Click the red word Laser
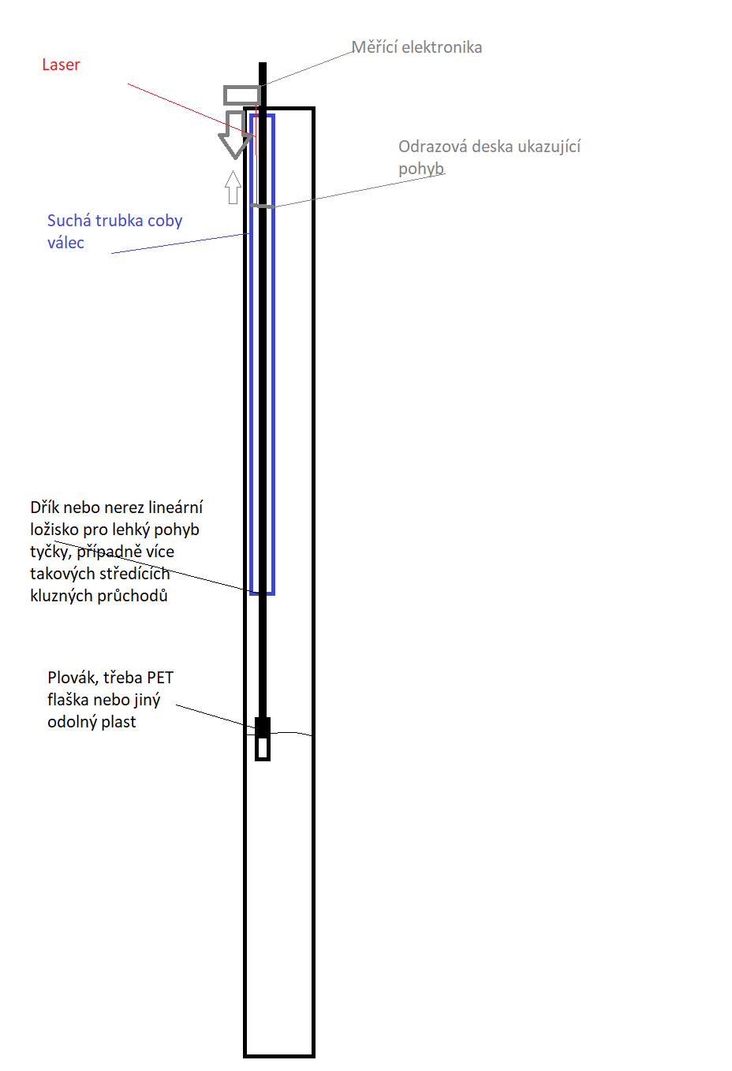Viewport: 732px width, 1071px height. [61, 65]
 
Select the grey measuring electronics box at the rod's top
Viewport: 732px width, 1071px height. [241, 95]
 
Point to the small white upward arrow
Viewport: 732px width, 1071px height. [233, 188]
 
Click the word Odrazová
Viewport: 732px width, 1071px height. [432, 147]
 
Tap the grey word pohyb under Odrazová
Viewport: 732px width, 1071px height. [421, 169]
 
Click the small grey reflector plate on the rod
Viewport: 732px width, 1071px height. [263, 206]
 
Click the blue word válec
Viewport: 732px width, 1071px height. [65, 243]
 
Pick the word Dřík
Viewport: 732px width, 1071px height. [44, 508]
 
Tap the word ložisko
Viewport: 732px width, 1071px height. [54, 530]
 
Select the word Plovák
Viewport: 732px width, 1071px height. [73, 678]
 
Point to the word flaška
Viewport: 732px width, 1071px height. [67, 700]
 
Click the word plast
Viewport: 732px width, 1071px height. [118, 722]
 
